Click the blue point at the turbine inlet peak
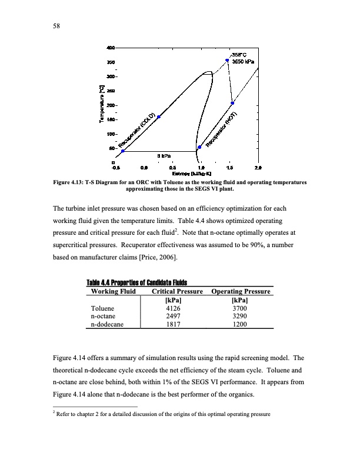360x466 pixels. tap(228, 60)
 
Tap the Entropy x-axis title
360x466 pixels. tap(184, 174)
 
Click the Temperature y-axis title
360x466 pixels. tap(104, 106)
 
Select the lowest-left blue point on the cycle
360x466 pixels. tap(122, 151)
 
